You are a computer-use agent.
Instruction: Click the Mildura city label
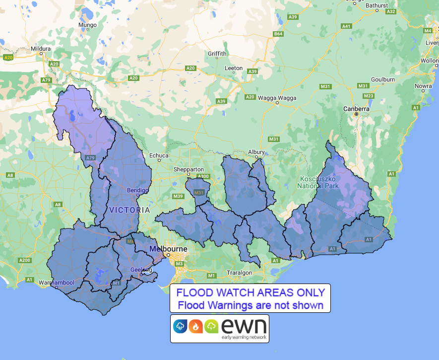41,49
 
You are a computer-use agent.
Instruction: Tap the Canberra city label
356,108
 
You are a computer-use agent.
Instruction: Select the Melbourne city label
169,248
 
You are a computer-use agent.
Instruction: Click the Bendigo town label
137,190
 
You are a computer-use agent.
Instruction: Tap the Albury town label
256,152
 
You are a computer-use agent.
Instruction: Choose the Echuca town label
159,155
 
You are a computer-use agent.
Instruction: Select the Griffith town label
217,54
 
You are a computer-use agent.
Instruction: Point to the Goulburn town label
382,79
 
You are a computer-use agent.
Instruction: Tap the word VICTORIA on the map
129,210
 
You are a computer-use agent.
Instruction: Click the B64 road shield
279,34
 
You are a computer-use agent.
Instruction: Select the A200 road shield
24,260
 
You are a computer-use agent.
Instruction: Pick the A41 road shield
346,26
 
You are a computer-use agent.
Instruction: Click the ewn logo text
244,326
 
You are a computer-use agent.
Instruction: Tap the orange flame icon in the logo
195,326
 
